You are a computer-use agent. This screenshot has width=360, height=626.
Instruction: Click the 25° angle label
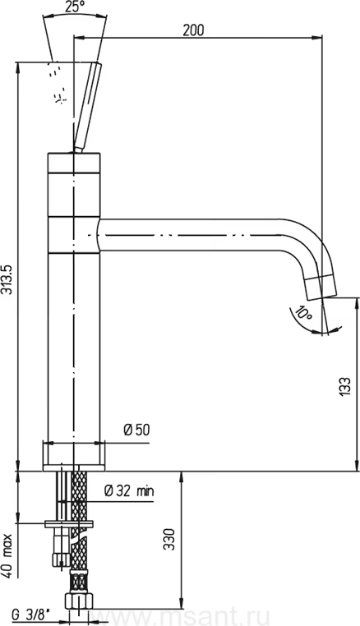point(75,7)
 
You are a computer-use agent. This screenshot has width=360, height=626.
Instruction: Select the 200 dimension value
point(193,30)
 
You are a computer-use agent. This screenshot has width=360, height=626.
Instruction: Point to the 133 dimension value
point(345,386)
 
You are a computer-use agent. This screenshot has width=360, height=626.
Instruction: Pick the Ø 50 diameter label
point(136,430)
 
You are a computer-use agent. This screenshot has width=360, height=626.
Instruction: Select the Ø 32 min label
point(129,490)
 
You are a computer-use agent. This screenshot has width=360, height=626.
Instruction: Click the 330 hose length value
point(170,539)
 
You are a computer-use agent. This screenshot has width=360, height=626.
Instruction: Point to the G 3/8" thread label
point(30,614)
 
